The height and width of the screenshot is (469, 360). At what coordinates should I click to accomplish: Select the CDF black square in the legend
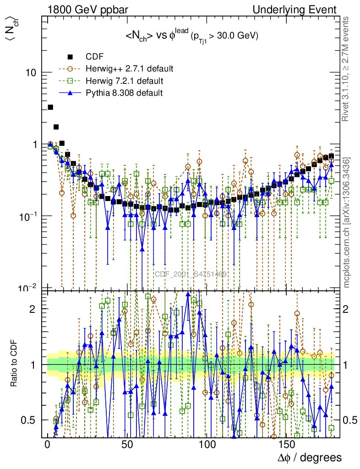tap(70, 57)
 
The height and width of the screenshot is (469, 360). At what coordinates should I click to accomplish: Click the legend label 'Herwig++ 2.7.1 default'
tap(129, 69)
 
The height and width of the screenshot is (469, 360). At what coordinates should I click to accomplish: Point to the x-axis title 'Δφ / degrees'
tap(309, 458)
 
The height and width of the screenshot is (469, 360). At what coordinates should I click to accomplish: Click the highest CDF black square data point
tap(50, 107)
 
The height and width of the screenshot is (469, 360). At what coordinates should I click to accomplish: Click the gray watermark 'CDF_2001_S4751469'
tap(191, 274)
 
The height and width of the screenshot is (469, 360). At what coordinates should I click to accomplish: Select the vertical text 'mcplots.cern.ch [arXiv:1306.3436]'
tap(347, 223)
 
